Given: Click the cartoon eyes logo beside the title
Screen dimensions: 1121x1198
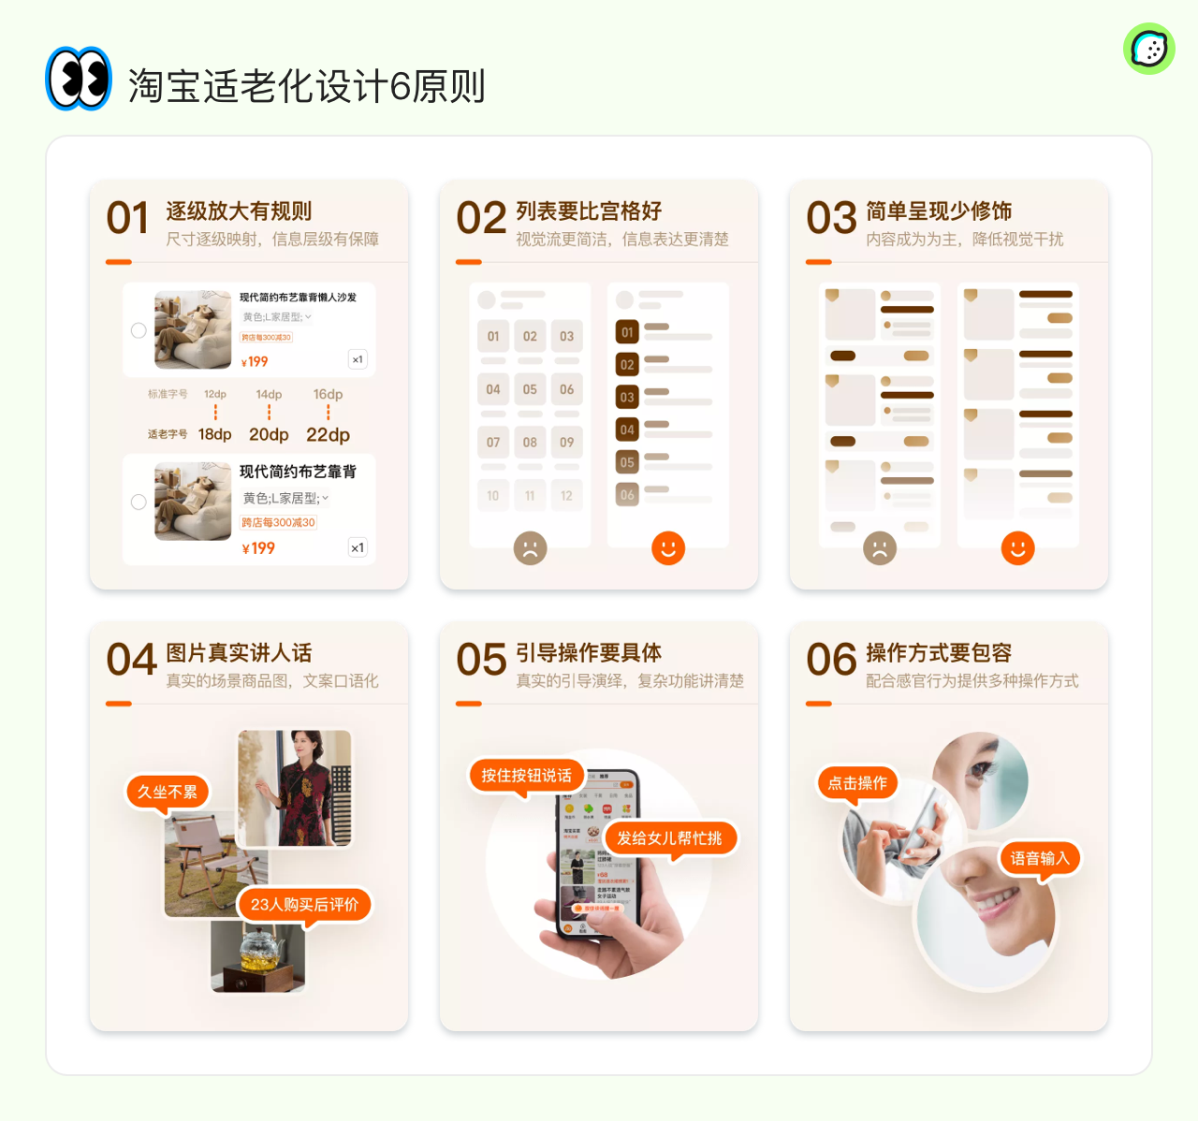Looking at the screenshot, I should tap(79, 79).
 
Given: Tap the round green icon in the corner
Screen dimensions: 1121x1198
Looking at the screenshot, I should tap(1148, 50).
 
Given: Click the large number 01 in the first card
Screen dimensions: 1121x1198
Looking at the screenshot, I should tap(127, 219).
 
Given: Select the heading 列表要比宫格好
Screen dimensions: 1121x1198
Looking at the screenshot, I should tap(589, 211).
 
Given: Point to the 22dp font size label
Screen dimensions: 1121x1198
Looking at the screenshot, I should tap(328, 435).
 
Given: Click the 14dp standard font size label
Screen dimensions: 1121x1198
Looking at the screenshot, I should tap(269, 395).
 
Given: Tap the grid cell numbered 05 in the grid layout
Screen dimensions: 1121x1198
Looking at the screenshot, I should tap(530, 389).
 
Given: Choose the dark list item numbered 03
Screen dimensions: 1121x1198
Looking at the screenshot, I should tap(627, 397).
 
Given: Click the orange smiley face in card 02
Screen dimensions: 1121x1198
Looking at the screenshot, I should tap(668, 548).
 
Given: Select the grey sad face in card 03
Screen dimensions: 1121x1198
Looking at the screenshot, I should tap(880, 548).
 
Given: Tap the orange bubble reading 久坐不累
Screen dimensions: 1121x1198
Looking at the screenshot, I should tap(168, 792).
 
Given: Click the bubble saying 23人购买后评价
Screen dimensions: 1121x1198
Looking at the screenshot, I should tap(304, 904).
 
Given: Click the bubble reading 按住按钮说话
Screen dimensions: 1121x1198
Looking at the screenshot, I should tap(526, 775).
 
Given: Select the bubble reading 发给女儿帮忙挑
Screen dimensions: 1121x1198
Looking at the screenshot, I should tap(669, 837).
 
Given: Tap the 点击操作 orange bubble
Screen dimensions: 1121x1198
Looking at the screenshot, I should tap(857, 783).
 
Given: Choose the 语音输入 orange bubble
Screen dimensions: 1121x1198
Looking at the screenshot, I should tap(1039, 858).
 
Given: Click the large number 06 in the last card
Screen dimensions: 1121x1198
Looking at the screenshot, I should tap(831, 661).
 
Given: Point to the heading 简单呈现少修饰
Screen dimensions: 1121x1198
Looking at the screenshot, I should tap(939, 211).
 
